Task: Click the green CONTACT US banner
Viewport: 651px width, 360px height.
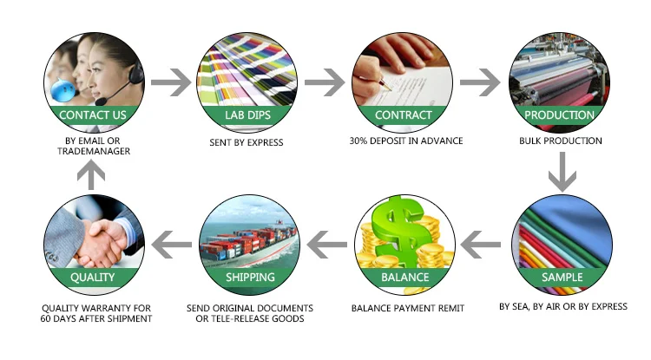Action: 92,115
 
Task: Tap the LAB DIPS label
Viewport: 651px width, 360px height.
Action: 248,115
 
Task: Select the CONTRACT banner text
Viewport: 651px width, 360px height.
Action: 403,115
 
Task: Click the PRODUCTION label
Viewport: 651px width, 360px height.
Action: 560,115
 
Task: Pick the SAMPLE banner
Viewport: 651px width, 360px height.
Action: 561,278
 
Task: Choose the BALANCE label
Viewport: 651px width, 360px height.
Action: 404,278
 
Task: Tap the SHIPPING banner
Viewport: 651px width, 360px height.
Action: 250,278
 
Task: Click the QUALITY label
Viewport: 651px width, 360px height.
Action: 92,278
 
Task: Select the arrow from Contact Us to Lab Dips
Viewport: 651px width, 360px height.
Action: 171,83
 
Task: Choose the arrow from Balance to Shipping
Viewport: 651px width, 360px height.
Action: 325,246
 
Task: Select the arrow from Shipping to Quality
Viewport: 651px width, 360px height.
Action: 170,246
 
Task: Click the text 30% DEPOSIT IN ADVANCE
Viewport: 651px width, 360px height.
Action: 405,141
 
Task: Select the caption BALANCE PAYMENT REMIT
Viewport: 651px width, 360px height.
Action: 407,307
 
